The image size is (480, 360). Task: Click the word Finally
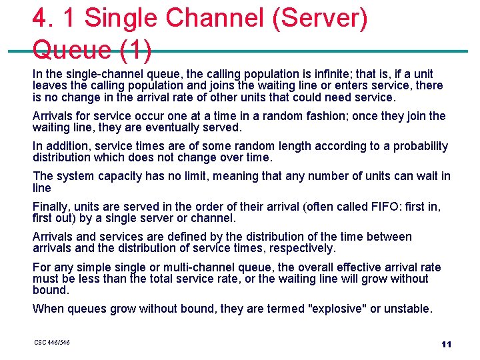49,207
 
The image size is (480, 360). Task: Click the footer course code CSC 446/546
51,343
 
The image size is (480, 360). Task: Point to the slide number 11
446,344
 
